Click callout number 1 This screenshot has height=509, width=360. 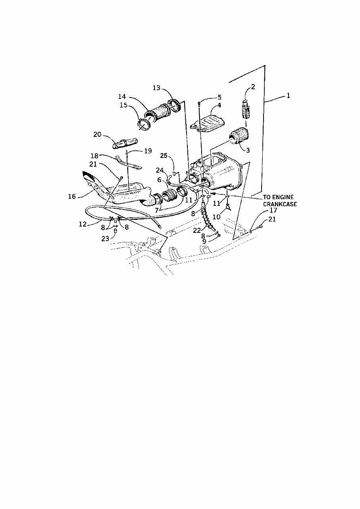coord(289,96)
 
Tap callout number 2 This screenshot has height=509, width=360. coord(253,86)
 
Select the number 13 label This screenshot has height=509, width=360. coord(156,88)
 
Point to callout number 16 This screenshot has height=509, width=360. coord(72,196)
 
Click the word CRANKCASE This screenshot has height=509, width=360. coord(280,204)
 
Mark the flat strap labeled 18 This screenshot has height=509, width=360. coord(129,163)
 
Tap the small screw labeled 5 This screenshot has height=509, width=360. coord(198,104)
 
